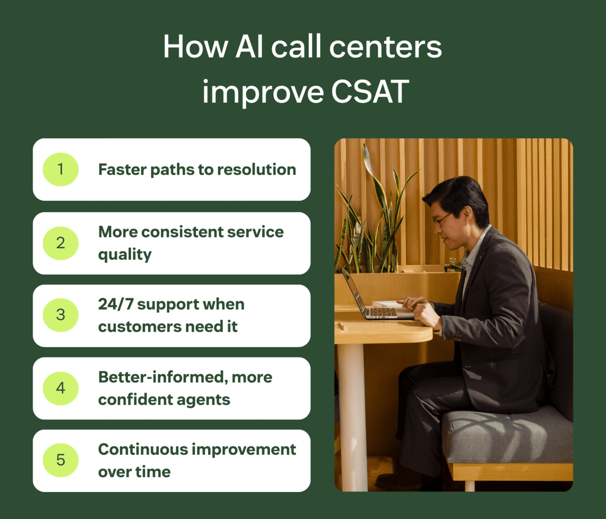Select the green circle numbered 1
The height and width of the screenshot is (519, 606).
(x=61, y=169)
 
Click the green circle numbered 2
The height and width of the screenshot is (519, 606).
(x=61, y=243)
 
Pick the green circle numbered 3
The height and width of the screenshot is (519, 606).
(x=61, y=315)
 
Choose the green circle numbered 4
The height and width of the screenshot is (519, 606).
(x=61, y=388)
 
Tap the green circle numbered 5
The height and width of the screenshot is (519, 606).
(x=61, y=460)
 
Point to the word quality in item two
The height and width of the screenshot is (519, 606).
(x=125, y=254)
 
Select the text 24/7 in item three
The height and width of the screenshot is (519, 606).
(x=115, y=304)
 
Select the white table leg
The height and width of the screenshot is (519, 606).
(x=353, y=416)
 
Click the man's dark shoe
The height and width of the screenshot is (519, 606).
(x=400, y=480)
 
